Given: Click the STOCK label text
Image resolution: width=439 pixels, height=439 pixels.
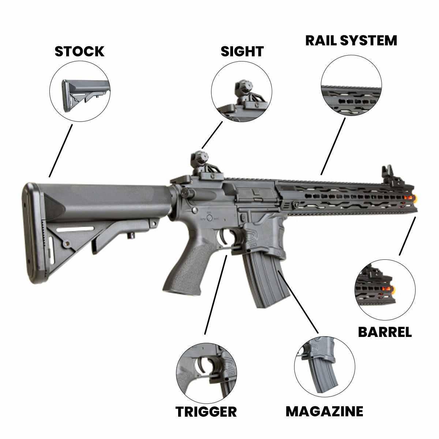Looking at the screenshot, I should (79, 52).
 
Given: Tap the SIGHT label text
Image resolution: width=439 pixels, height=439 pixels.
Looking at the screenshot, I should (242, 52).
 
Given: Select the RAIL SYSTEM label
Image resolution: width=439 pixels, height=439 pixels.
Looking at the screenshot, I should (351, 40).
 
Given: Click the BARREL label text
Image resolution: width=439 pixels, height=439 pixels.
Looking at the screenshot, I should (384, 332).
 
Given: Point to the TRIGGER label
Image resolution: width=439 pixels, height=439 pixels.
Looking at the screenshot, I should (206, 412).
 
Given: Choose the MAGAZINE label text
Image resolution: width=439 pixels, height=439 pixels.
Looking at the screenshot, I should (324, 411).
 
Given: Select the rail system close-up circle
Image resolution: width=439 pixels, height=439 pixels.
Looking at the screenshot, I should (351, 85).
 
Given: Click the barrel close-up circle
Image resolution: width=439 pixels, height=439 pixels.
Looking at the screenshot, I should (385, 290).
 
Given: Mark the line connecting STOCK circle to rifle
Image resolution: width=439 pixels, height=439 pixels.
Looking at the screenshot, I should (61, 150).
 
